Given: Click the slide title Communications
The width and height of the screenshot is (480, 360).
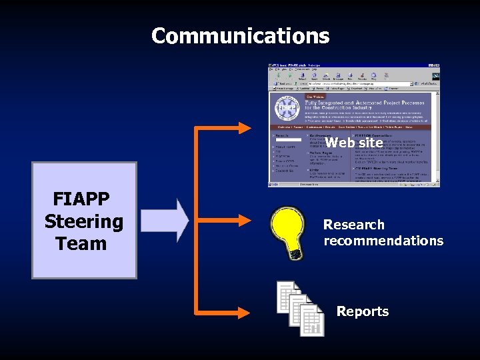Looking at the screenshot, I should pyautogui.click(x=240, y=35).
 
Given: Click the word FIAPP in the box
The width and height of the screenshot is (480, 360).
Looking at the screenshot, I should pyautogui.click(x=81, y=199).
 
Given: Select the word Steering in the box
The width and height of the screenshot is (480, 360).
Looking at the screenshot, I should pyautogui.click(x=84, y=221).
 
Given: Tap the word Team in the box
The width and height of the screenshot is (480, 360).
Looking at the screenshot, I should pyautogui.click(x=81, y=244).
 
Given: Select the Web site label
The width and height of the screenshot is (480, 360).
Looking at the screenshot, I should pyautogui.click(x=354, y=143).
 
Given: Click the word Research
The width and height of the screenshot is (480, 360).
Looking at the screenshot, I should pyautogui.click(x=353, y=225).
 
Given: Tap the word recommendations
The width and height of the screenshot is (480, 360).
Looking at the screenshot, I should pyautogui.click(x=383, y=241).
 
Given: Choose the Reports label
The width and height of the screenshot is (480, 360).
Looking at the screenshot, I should pyautogui.click(x=362, y=311).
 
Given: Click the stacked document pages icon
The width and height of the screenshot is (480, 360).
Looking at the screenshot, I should pyautogui.click(x=301, y=308).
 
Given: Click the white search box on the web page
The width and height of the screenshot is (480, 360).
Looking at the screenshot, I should pyautogui.click(x=288, y=139).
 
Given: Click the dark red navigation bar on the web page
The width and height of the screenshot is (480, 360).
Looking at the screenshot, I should pyautogui.click(x=353, y=127).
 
